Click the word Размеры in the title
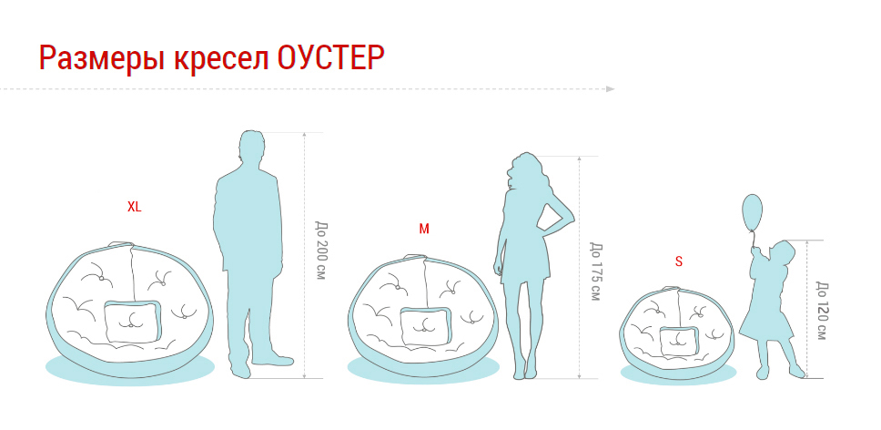(x=101, y=58)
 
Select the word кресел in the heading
(x=221, y=58)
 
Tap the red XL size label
(x=135, y=207)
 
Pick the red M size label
(x=424, y=229)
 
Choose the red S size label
(x=679, y=261)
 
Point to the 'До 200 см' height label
(x=321, y=251)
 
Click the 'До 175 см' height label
(x=595, y=271)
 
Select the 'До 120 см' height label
(x=821, y=311)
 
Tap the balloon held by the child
(x=753, y=212)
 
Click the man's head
(x=251, y=148)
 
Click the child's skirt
(x=765, y=325)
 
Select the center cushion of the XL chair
(x=133, y=322)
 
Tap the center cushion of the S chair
(x=679, y=341)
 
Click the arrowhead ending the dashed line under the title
(x=611, y=88)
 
